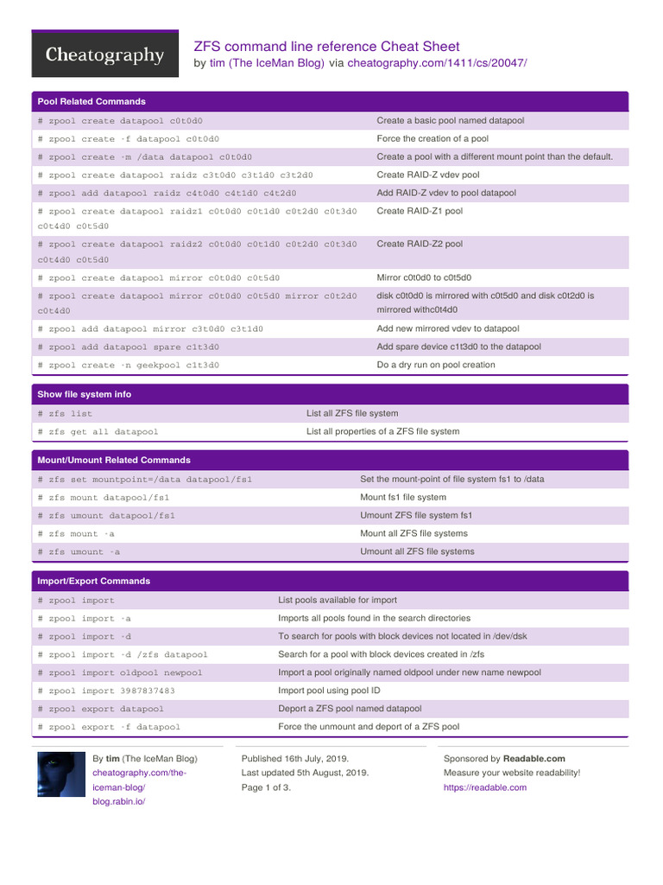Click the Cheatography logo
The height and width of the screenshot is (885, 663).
[104, 54]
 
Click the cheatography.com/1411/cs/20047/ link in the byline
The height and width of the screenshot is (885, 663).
[437, 63]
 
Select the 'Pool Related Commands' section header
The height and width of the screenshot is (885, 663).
[92, 102]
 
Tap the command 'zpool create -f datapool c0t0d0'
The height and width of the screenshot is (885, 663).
[129, 139]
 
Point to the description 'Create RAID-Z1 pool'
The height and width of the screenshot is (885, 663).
[420, 211]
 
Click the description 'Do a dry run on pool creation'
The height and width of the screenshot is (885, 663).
[436, 365]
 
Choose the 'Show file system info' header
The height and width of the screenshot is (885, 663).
[85, 394]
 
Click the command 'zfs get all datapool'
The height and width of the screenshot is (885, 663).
[98, 431]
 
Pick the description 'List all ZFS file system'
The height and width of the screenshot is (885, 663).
[352, 413]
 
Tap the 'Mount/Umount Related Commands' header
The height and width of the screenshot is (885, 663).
[114, 461]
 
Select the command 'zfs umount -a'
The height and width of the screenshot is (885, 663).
[79, 551]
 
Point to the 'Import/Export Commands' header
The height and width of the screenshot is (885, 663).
[93, 582]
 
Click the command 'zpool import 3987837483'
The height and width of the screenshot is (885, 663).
[106, 691]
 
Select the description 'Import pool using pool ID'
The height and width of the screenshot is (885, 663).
[329, 691]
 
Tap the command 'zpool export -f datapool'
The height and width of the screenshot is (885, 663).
[109, 727]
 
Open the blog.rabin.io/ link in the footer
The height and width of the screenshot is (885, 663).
[119, 802]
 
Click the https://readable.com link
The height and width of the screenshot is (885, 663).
[485, 788]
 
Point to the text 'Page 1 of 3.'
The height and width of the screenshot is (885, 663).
[266, 788]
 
